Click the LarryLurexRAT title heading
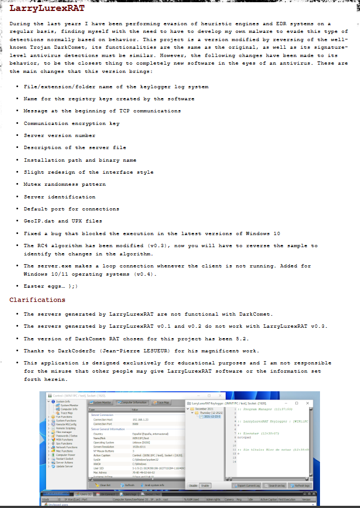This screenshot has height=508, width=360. pyautogui.click(x=47, y=9)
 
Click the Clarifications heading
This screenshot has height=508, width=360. pyautogui.click(x=37, y=300)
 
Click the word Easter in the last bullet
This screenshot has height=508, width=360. pyautogui.click(x=35, y=286)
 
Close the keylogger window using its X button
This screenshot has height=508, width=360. pyautogui.click(x=307, y=403)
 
